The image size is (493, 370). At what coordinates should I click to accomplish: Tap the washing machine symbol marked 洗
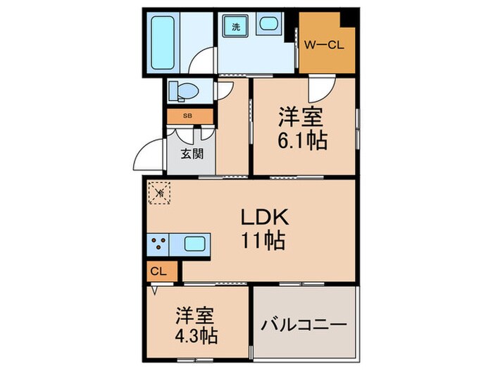[232, 28]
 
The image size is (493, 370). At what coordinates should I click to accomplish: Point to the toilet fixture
[185, 91]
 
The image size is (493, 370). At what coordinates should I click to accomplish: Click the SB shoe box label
[187, 116]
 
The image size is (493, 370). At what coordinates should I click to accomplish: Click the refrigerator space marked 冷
[160, 192]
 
